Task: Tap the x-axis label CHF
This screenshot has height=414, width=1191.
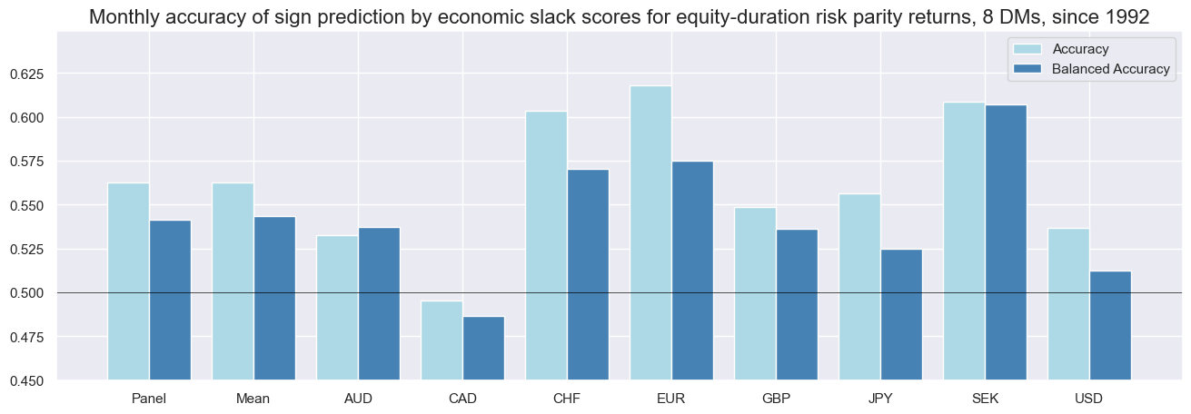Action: (567, 399)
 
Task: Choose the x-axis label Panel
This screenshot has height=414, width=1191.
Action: (149, 399)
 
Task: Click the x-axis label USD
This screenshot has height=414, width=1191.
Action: (1089, 399)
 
